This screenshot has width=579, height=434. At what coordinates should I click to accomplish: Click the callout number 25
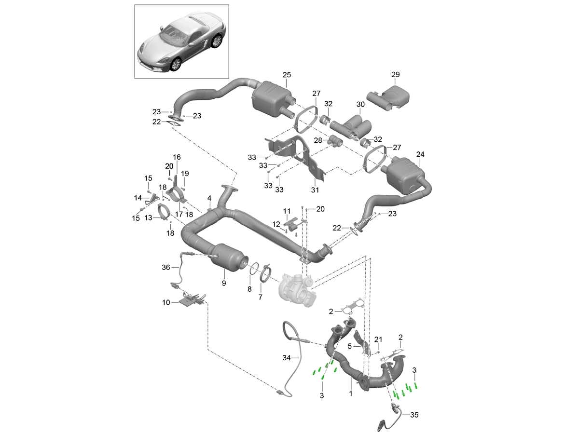[x=287, y=75]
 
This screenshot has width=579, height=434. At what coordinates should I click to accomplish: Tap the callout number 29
[x=396, y=75]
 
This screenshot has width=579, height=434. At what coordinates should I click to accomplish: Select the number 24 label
[x=420, y=155]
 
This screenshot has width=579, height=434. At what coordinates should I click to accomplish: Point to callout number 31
[x=315, y=190]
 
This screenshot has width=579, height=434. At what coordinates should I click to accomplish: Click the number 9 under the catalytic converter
[x=224, y=283]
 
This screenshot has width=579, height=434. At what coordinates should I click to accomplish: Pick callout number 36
[x=166, y=267]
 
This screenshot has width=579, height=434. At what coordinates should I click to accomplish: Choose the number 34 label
[x=286, y=358]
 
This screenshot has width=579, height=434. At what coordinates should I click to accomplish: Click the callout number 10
[x=166, y=302]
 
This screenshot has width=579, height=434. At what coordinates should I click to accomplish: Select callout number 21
[x=378, y=339]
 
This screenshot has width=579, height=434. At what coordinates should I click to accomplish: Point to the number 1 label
[x=351, y=393]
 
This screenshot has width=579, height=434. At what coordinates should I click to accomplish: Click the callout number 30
[x=360, y=105]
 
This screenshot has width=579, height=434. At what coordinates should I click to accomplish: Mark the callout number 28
[x=317, y=140]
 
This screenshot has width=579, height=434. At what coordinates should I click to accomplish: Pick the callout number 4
[x=209, y=198]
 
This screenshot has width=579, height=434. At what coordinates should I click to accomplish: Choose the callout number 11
[x=287, y=211]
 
